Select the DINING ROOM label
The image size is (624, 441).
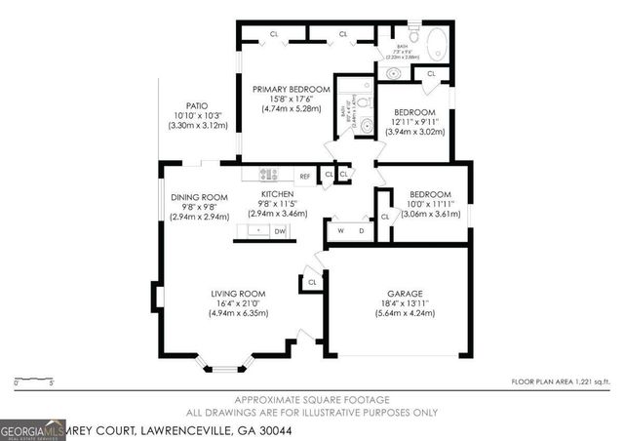199,197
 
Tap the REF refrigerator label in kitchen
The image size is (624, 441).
304,176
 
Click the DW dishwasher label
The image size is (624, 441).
279,231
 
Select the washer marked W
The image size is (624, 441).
341,230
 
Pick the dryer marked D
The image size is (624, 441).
361,230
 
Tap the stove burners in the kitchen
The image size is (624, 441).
269,175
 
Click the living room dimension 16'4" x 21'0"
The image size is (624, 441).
239,303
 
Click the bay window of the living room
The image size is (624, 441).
224,368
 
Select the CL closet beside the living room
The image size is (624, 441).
312,282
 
